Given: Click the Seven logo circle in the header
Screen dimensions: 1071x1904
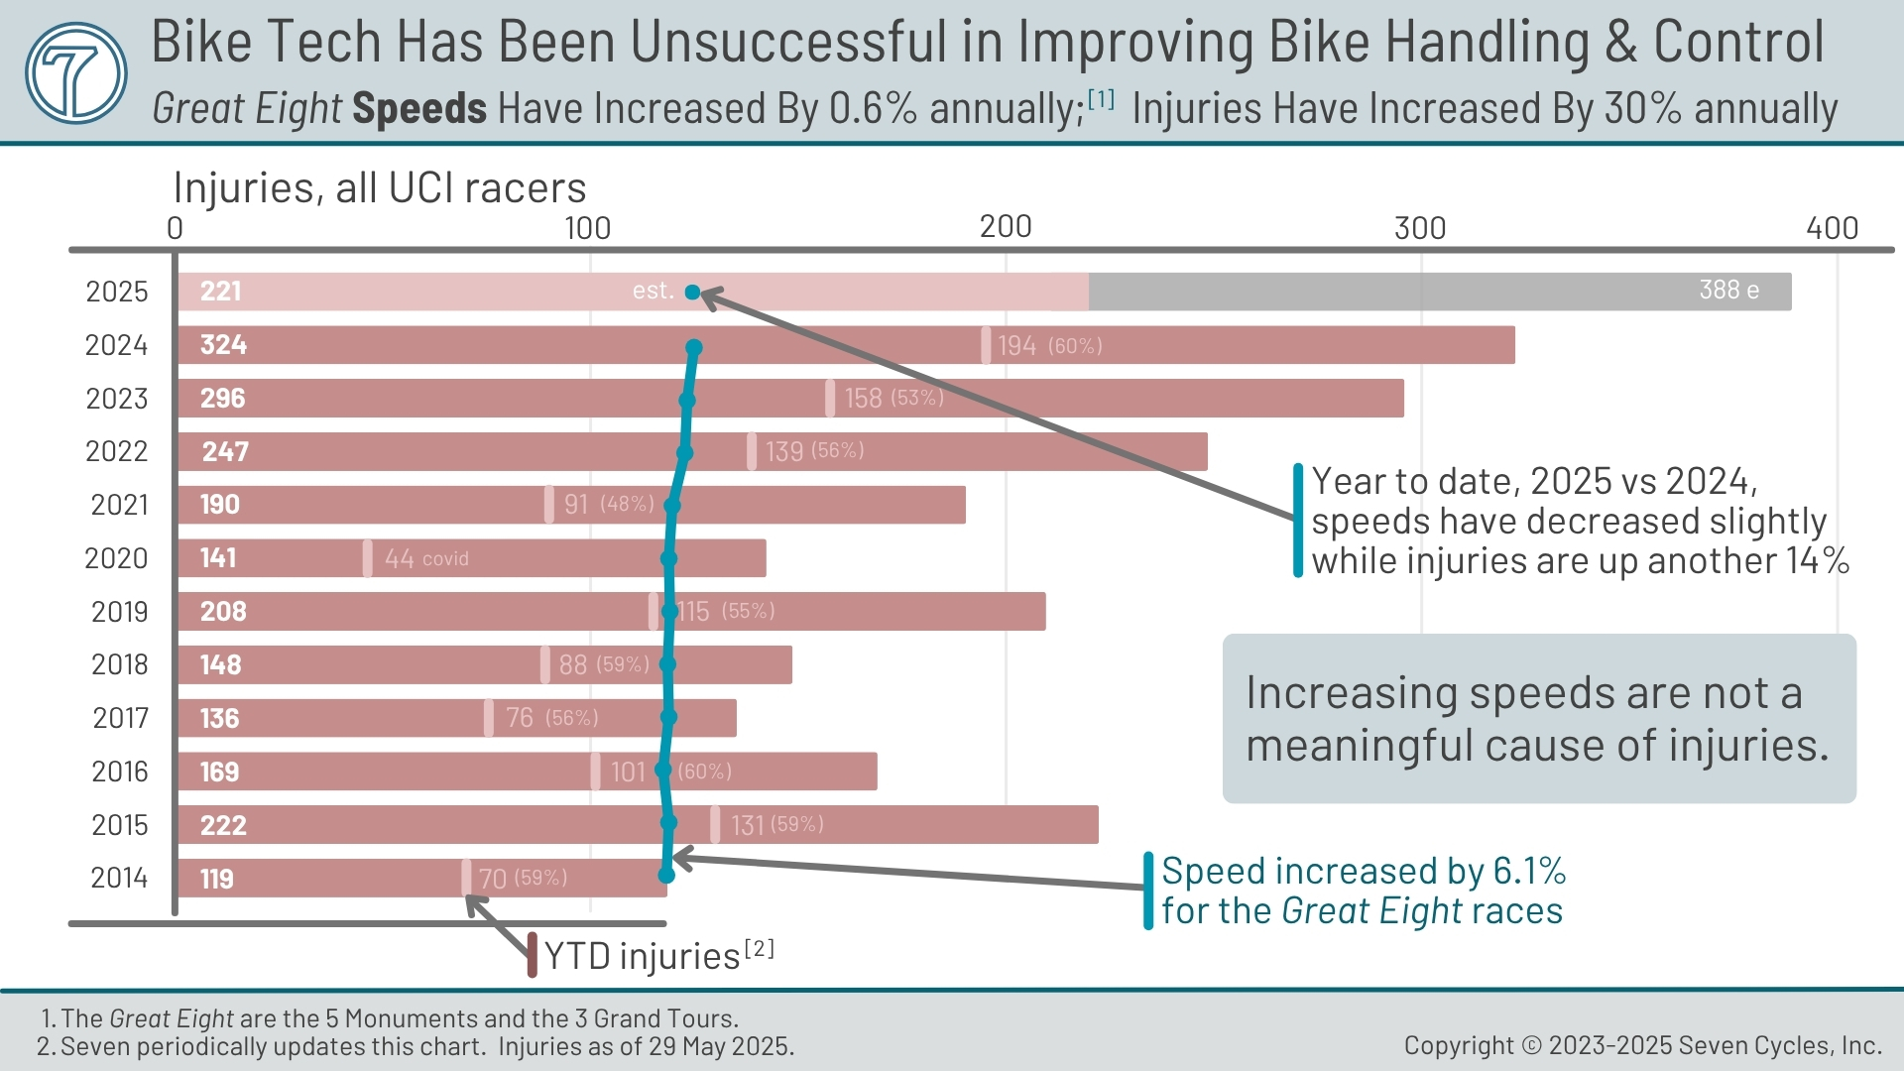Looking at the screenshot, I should click(x=76, y=72).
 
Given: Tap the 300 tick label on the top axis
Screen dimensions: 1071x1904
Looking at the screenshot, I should click(x=1419, y=228).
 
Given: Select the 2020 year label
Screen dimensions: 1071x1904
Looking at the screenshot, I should click(x=116, y=558).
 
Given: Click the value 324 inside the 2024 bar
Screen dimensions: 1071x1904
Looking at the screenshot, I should click(x=223, y=345).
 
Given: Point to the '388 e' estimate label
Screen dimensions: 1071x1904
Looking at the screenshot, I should click(x=1728, y=291).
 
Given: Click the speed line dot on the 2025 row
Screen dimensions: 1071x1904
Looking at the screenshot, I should click(x=692, y=293).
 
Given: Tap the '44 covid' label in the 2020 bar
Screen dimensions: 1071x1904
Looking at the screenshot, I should click(x=426, y=558).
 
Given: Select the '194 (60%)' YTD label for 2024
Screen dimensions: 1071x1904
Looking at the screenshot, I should click(x=1049, y=345).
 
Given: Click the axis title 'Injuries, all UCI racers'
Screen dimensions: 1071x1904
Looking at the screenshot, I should click(x=379, y=187).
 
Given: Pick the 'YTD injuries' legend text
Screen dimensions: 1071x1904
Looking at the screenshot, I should click(x=642, y=956).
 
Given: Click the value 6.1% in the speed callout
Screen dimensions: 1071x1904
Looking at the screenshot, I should click(x=1528, y=871).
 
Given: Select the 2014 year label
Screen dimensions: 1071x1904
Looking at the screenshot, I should click(x=119, y=879).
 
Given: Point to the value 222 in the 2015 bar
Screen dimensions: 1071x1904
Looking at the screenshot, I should click(x=223, y=825).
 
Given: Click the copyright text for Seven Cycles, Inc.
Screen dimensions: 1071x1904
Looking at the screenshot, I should click(x=1642, y=1045).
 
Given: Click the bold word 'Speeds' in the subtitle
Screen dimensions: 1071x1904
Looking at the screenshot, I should click(x=419, y=108).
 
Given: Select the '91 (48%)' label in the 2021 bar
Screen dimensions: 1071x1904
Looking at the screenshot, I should click(x=608, y=504).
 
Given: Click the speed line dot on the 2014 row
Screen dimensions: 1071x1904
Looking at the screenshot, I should click(x=666, y=875).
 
